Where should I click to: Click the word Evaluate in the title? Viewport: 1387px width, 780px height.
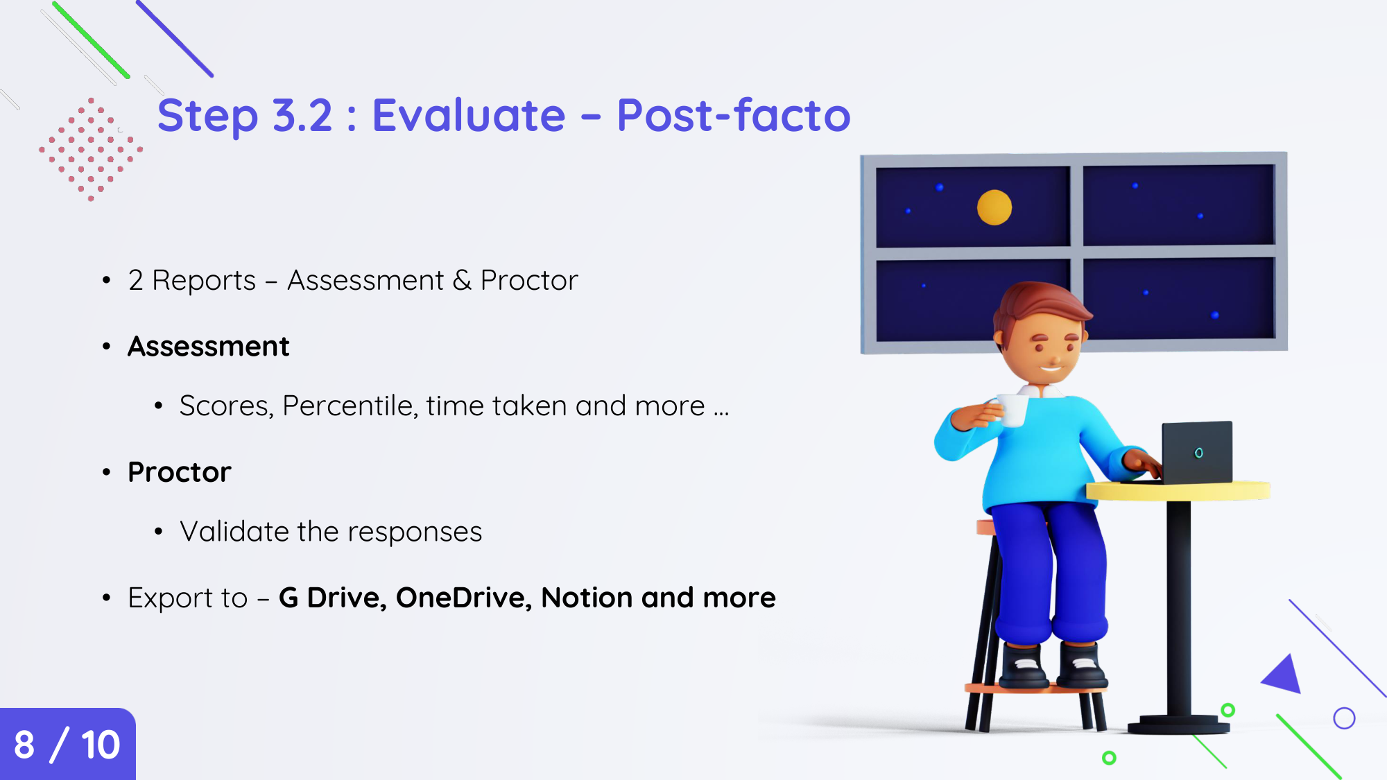pos(469,115)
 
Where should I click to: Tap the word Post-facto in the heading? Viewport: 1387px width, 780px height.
pos(734,115)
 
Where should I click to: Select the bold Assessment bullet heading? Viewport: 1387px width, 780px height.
pos(209,346)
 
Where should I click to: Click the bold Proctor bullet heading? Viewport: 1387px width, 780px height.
pos(180,472)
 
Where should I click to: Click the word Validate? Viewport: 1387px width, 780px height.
pos(234,532)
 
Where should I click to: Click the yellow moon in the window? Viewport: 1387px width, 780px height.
pos(994,207)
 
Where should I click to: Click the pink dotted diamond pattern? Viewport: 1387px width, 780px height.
pos(91,149)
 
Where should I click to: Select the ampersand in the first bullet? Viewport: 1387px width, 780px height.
pos(462,281)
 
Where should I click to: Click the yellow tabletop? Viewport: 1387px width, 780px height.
pos(1178,491)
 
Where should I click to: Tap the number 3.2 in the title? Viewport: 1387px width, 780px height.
pos(302,115)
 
